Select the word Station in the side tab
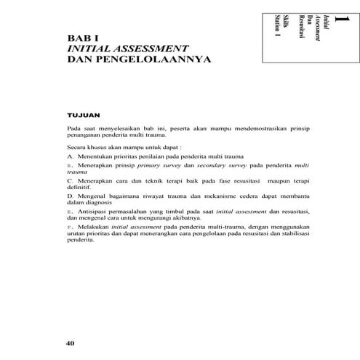pos(277,26)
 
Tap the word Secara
pos(77,148)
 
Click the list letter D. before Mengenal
pos(70,196)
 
